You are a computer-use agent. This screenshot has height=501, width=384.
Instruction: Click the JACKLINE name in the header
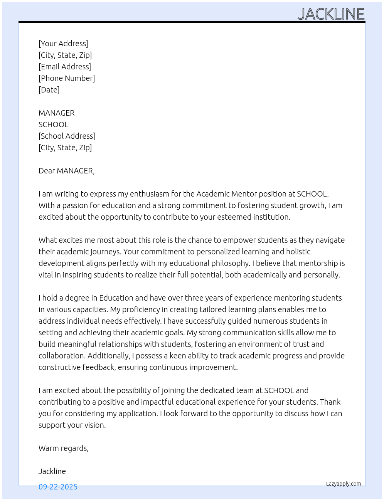(331, 14)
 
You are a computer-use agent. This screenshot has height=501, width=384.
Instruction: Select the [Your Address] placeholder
(63, 44)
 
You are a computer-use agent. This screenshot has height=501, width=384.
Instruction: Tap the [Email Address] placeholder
(65, 67)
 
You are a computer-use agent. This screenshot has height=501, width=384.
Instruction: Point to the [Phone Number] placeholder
(67, 78)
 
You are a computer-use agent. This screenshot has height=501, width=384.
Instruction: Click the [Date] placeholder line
(49, 90)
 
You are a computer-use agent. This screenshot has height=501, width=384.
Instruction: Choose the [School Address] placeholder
(67, 136)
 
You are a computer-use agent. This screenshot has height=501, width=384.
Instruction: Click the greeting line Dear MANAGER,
(66, 171)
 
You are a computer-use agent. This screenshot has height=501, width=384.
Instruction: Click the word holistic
(298, 252)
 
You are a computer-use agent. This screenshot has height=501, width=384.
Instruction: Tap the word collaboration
(61, 356)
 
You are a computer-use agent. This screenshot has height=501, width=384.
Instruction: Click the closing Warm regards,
(64, 448)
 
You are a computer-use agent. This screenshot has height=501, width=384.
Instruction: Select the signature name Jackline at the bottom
(52, 471)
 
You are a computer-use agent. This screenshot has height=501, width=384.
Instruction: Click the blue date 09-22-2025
(58, 487)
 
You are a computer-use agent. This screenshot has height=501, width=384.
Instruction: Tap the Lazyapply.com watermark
(344, 484)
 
